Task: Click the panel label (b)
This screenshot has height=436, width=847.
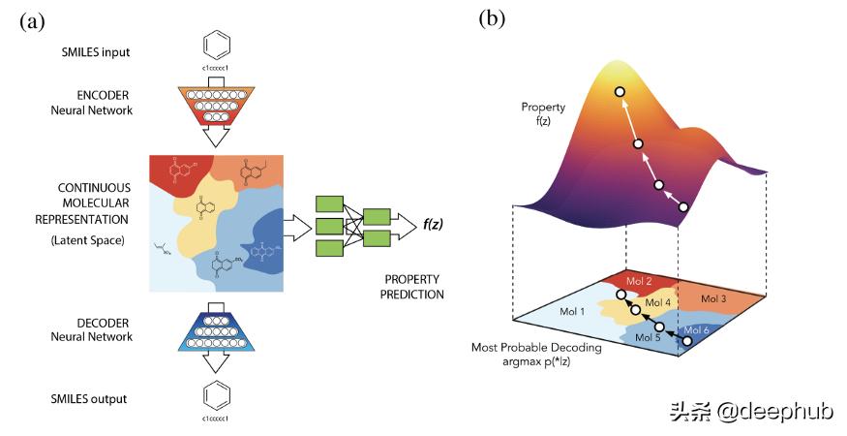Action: (x=493, y=21)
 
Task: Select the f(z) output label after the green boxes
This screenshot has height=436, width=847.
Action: (x=434, y=225)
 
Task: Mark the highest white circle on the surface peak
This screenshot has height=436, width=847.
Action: (x=620, y=91)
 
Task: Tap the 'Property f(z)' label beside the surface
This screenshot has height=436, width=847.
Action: (x=542, y=113)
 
